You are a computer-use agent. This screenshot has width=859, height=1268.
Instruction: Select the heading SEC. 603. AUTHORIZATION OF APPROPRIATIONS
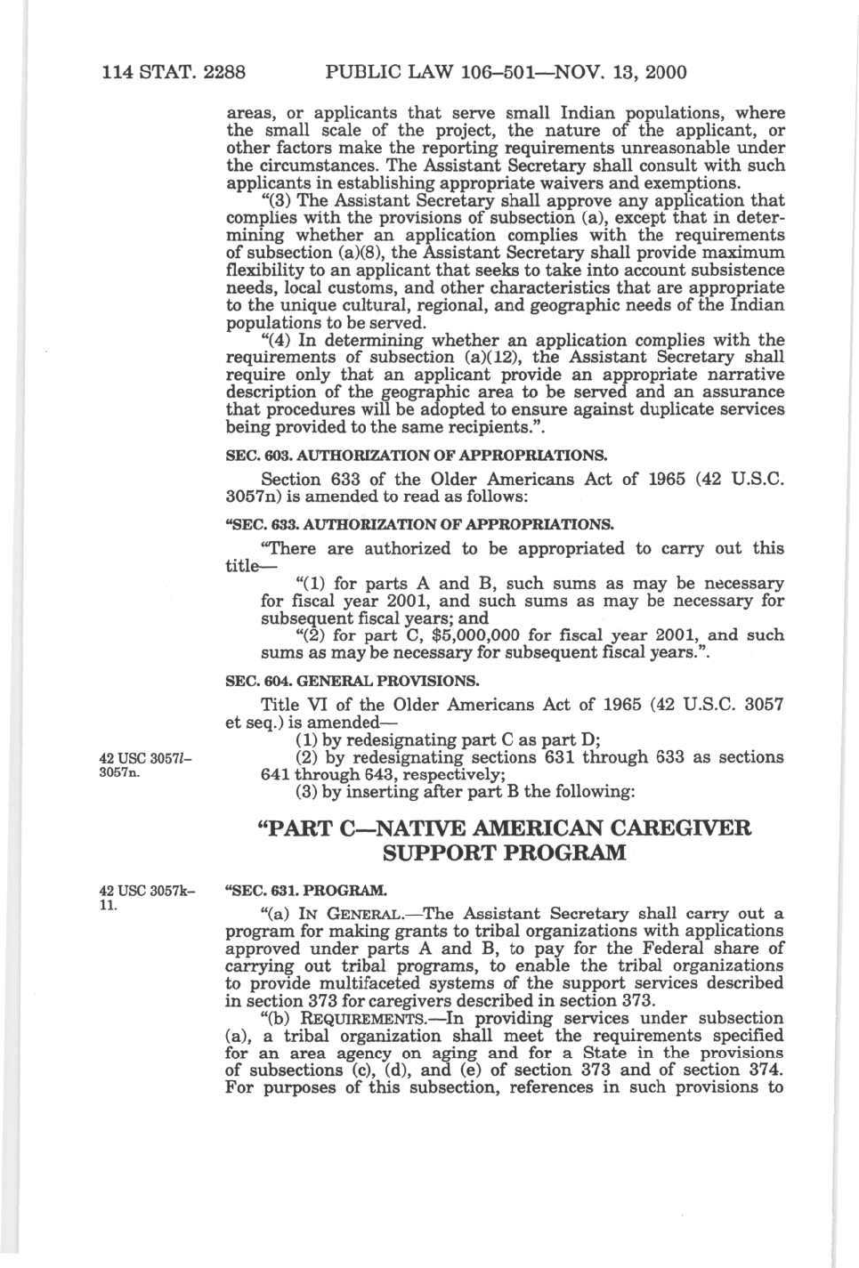point(417,456)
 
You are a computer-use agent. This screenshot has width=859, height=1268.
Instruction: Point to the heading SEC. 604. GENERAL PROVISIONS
point(353,682)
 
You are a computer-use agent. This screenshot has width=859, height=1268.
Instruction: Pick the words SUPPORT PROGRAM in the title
point(504,853)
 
